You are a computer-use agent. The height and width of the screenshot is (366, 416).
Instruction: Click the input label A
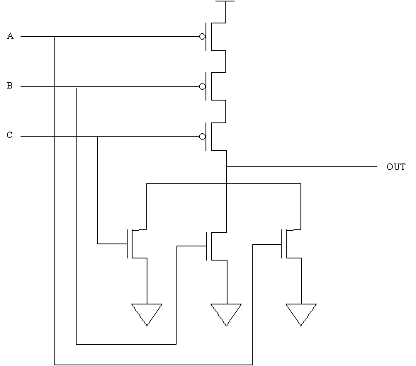coord(10,36)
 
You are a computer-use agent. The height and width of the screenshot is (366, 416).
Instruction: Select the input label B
coord(9,86)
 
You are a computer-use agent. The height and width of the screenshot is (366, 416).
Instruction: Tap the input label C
coord(9,135)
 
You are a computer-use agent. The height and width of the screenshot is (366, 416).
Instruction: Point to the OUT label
coord(396,166)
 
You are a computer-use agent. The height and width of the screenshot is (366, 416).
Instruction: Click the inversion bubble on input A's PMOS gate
coord(202,37)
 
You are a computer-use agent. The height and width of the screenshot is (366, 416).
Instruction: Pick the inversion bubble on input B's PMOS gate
coord(202,86)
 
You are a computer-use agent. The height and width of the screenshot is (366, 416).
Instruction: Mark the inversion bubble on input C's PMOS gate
coord(202,137)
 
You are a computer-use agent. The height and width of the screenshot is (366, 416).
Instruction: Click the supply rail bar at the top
coord(225,1)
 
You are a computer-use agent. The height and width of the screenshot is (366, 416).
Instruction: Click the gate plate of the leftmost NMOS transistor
coord(128,244)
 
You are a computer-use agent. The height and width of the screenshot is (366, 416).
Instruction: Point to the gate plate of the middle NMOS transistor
coord(207,246)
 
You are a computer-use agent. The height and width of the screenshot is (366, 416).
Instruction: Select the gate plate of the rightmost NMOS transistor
coord(282,244)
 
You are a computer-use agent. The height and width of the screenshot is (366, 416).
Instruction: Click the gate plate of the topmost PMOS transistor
coord(206,37)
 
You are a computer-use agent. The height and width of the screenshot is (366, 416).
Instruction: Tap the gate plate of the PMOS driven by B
coord(206,86)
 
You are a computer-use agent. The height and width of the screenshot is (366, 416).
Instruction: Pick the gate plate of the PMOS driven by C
coord(206,137)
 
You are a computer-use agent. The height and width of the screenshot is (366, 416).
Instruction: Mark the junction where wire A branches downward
coord(54,37)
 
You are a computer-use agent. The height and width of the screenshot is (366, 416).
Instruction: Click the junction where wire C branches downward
coord(97,137)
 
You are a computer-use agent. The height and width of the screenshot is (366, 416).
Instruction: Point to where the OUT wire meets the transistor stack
coord(226,166)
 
